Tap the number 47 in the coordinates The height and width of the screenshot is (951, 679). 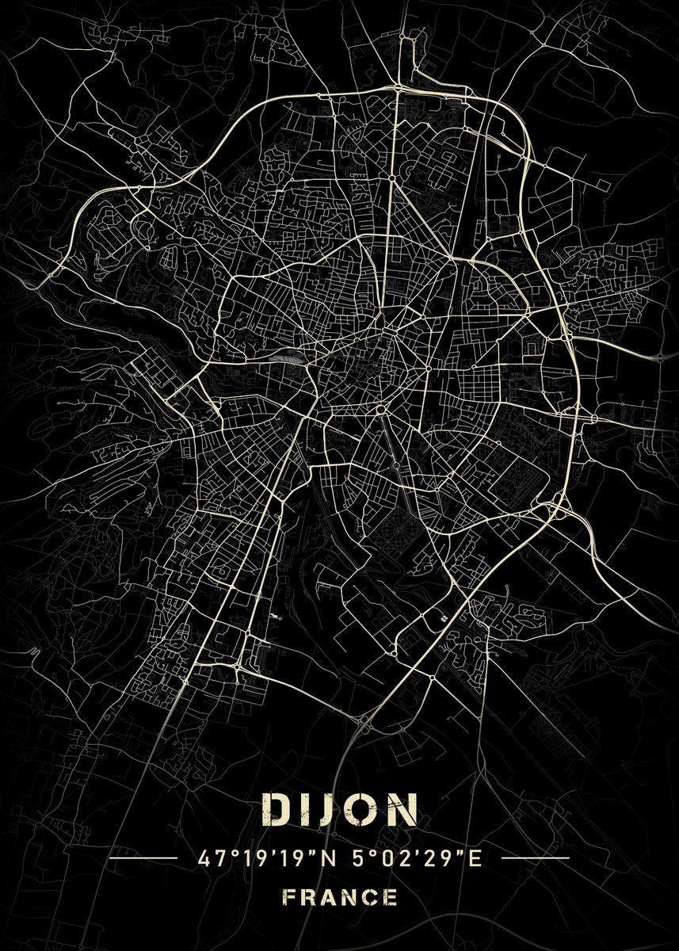coord(208,857)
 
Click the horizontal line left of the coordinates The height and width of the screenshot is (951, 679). coord(143,857)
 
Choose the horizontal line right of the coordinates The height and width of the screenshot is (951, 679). coord(536,857)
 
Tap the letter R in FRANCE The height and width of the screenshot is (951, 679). coord(307,898)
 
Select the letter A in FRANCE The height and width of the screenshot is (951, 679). coord(328,898)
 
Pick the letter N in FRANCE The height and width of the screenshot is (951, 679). coord(349,898)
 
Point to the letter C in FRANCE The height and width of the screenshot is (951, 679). coord(371,898)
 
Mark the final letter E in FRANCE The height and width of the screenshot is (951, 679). coord(391,898)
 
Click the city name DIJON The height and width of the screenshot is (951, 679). coord(339,809)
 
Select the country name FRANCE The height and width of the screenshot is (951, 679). coord(339,898)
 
